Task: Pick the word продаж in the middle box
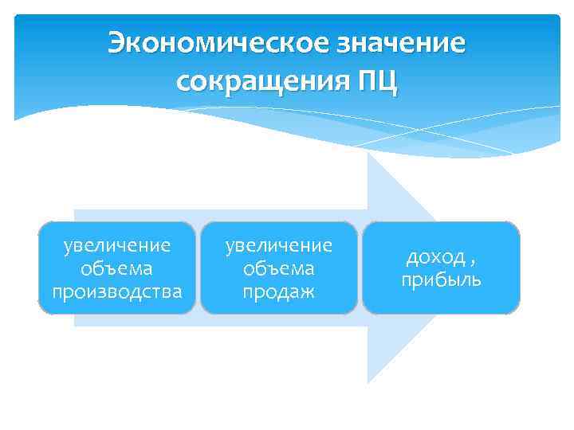279,292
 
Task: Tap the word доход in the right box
434,257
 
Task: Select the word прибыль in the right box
441,280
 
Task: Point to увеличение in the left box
117,243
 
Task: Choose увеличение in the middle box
279,244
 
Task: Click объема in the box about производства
117,267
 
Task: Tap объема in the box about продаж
279,268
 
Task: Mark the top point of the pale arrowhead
368,152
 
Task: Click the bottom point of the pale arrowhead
368,384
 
